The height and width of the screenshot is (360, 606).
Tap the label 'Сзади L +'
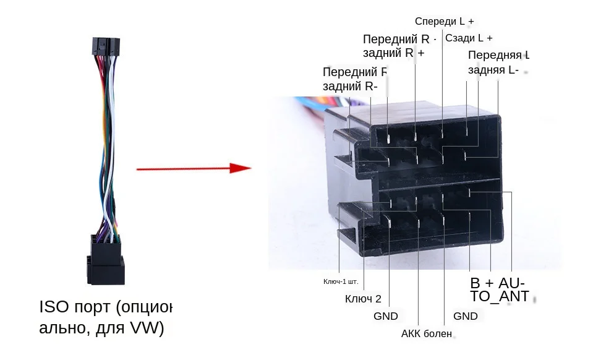coord(469,38)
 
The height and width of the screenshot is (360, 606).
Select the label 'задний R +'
coord(393,53)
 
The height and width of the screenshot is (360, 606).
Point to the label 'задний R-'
coord(350,86)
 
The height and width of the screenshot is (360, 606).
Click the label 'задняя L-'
coord(493,70)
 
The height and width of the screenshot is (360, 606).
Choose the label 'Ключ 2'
coord(363,299)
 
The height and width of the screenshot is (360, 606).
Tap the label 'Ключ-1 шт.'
coord(341,282)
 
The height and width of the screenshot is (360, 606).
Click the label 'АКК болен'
coord(427,334)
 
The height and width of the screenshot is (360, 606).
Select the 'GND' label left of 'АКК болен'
coord(386,316)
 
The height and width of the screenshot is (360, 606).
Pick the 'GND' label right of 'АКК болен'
coord(466,316)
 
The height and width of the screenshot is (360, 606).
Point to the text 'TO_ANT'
coord(500,297)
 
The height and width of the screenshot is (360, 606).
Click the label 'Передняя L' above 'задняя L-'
coord(498,55)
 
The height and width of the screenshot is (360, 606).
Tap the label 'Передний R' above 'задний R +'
coord(396,39)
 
